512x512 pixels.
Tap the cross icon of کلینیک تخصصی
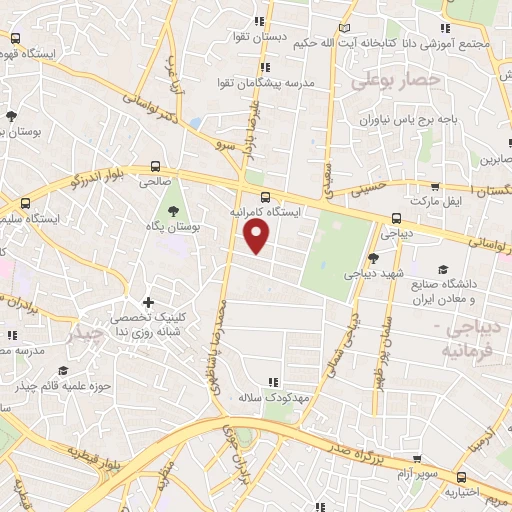149,301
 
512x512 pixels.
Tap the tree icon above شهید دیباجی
373,257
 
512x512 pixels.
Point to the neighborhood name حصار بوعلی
396,79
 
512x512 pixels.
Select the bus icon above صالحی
155,166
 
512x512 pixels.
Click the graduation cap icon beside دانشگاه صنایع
444,269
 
